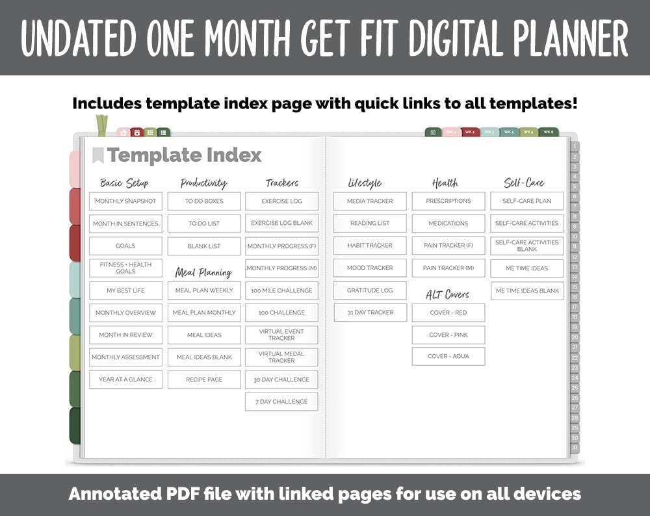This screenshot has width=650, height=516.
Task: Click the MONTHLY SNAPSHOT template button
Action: click(125, 201)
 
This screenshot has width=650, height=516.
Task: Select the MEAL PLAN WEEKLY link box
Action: click(204, 290)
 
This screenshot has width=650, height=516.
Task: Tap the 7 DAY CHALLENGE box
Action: click(281, 402)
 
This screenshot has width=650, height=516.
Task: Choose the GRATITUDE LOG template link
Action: click(370, 290)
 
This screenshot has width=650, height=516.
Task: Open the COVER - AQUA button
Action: click(448, 357)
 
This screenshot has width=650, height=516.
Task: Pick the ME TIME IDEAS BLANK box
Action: click(527, 290)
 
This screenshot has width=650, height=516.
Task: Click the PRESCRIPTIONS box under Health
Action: click(448, 201)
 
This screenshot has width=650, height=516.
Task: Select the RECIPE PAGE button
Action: click(204, 380)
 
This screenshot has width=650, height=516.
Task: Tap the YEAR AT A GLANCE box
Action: click(125, 380)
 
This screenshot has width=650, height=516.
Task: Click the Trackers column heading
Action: click(282, 183)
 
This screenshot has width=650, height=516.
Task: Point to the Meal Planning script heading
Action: click(203, 272)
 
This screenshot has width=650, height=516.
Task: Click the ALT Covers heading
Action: click(448, 294)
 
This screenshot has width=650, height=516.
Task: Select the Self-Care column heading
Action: click(524, 183)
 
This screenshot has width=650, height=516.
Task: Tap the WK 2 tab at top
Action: click(470, 133)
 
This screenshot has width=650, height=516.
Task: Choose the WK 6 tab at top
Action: click(548, 133)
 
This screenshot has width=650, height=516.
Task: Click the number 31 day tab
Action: click(575, 448)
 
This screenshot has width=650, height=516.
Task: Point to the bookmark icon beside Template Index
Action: click(97, 155)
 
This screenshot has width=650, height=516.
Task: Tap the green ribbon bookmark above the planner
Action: click(101, 125)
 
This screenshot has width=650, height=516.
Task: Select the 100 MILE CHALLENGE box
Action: click(281, 290)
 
